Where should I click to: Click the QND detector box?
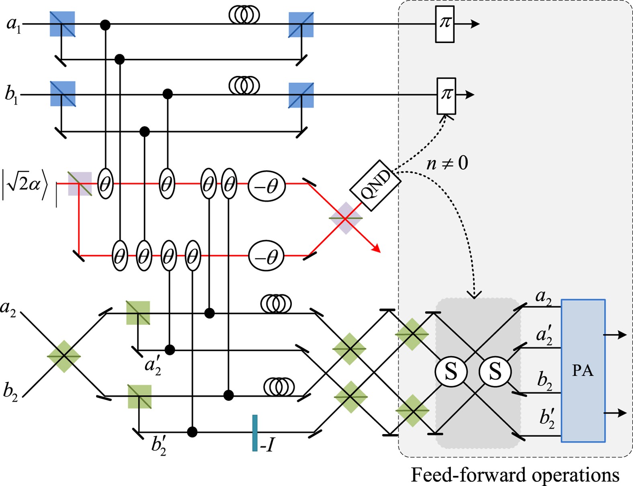(375, 185)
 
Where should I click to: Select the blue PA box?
(583, 370)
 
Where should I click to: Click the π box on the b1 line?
(446, 96)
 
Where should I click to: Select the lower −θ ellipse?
(266, 256)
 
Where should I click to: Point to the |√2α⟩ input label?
(25, 185)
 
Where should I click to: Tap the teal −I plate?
(255, 433)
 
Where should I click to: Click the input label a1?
(13, 25)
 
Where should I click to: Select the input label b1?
(11, 95)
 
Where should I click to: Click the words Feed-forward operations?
(515, 475)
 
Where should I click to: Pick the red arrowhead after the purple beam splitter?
(376, 249)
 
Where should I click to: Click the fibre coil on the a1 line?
(244, 15)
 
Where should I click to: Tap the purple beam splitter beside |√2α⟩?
(80, 184)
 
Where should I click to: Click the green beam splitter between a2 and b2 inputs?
(64, 356)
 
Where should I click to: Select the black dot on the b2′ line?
(193, 432)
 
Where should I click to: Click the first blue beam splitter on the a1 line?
(62, 24)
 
